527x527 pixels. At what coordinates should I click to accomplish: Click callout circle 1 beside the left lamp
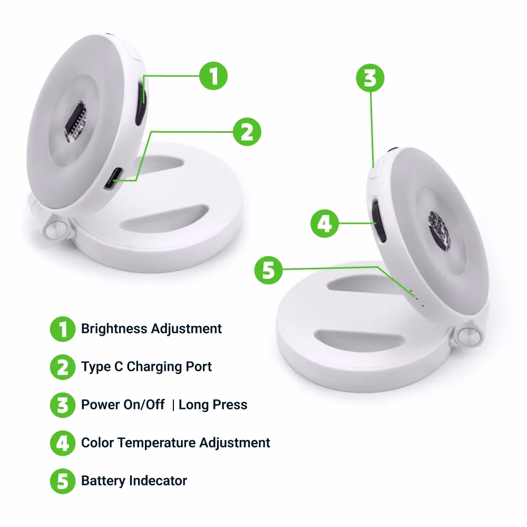coord(213,75)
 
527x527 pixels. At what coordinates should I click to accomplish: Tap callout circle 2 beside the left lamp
coord(247,132)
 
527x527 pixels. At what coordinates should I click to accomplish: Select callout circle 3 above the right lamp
coord(370,78)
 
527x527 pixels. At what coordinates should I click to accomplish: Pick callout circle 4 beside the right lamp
coord(324,223)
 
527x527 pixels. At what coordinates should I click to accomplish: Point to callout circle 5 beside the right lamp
coord(268,270)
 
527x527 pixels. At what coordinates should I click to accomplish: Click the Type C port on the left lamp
coord(113,178)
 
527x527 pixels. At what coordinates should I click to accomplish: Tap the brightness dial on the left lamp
coord(141,103)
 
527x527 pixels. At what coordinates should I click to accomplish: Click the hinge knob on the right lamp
coord(469,336)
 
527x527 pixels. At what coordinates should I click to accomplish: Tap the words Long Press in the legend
coord(213,405)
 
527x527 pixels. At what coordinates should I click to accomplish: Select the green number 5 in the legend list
coord(63,481)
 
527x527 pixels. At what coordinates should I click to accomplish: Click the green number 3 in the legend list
coord(63,405)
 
